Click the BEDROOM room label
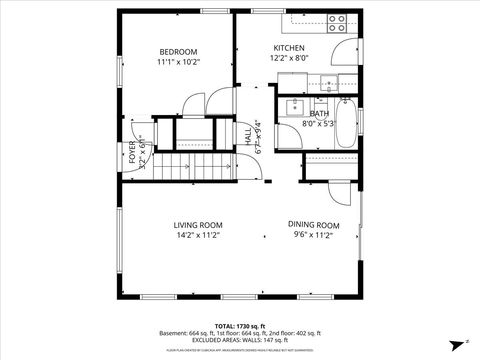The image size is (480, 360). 179,51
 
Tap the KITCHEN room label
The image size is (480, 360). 289,48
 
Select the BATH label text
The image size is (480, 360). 319,114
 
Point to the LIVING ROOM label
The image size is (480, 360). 197,225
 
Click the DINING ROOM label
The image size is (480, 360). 314,225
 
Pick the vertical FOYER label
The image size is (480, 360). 132,152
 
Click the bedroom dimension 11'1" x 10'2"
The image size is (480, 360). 179,62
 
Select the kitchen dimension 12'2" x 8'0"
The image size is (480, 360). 289,58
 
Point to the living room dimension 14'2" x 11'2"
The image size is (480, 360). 197,236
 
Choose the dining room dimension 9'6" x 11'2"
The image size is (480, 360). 314,236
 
